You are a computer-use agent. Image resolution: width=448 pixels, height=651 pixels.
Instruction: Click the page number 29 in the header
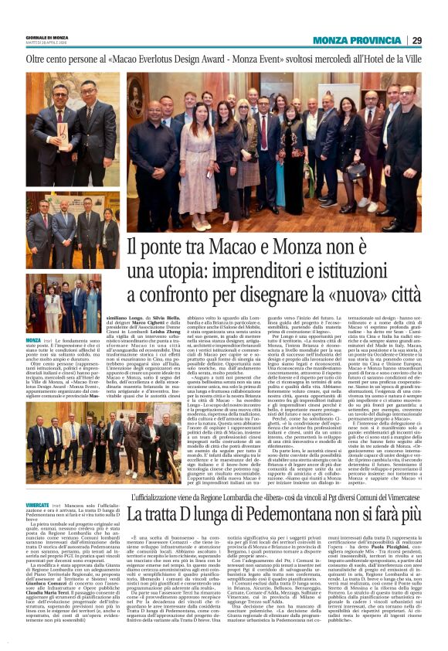click(416, 40)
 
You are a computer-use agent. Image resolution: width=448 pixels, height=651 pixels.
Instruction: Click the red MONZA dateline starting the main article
click(34, 340)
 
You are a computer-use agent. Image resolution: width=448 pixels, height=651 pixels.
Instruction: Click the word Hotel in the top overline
click(375, 58)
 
